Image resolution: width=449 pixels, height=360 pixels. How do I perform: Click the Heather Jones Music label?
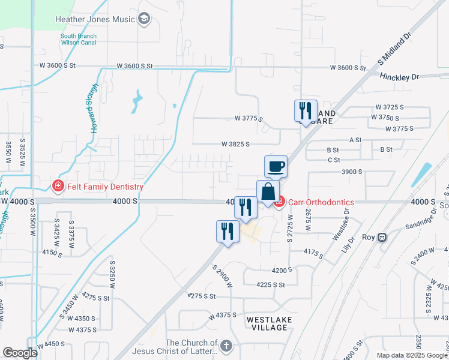pos(95,19)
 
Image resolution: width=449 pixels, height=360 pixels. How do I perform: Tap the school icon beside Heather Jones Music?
pos(143,19)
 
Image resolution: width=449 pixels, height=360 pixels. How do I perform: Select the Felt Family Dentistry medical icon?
pos(58,187)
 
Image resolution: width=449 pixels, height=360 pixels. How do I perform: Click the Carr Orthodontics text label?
pos(322,202)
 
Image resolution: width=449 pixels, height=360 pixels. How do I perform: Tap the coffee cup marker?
pos(276,167)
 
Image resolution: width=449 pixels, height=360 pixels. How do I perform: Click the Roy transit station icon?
pos(382,237)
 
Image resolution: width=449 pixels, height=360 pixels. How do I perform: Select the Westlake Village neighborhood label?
pos(270,324)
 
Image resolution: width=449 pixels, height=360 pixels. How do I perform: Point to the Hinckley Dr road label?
pos(399,77)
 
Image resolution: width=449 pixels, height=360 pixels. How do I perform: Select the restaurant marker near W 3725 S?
pos(306,111)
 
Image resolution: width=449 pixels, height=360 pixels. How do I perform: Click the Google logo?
pos(20,353)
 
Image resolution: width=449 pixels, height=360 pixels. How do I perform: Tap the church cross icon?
pos(226,346)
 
